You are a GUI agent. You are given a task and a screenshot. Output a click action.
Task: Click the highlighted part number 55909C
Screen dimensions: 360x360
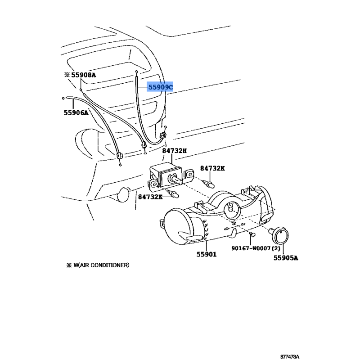160,87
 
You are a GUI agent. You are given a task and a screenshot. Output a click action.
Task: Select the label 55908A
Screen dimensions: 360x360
84,75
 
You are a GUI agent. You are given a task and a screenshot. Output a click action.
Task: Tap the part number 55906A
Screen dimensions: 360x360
76,113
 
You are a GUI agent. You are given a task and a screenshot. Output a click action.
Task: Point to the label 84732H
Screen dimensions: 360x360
175,151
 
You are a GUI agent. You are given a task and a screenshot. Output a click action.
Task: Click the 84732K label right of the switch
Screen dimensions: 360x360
212,168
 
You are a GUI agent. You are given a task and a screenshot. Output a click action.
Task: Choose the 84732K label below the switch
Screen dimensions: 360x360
150,197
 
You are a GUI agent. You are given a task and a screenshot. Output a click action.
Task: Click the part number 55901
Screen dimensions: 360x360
207,254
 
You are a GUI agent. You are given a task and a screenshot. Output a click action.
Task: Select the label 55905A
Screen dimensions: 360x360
286,258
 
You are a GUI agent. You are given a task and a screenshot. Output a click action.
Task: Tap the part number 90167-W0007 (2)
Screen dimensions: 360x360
256,248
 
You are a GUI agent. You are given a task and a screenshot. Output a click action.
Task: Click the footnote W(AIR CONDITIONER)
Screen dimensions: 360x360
101,265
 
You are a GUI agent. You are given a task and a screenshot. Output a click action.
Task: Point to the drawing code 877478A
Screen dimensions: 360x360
290,356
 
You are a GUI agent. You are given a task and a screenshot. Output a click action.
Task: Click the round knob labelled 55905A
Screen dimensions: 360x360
280,236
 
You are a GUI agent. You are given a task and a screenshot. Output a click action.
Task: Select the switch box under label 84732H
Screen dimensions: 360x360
166,175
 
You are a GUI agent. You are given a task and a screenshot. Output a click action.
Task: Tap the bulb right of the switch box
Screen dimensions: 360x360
208,183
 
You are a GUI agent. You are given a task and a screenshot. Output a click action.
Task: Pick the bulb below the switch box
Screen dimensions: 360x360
173,194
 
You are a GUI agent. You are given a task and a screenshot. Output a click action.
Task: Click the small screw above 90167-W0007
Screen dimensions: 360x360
252,234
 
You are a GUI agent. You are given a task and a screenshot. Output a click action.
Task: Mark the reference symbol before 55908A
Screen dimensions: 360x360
67,75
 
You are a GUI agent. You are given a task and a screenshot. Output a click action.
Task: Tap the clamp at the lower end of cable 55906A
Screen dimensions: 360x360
119,156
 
